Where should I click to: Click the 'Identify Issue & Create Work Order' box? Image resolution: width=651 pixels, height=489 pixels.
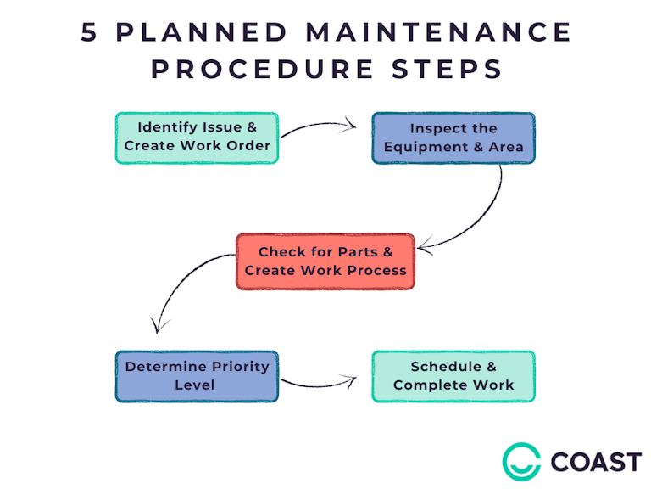pos(197,137)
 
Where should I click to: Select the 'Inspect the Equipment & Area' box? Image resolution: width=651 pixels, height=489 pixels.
pos(453,138)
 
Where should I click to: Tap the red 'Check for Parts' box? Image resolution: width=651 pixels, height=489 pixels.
pos(325,261)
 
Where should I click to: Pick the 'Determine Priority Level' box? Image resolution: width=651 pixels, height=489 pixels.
pos(197,375)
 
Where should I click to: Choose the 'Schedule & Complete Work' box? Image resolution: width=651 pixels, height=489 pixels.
pos(453,375)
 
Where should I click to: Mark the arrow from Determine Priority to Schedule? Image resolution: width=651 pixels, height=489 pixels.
pos(322,385)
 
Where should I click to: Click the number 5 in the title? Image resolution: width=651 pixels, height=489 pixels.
pos(91,33)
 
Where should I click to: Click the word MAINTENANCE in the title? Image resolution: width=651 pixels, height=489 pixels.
pos(437,33)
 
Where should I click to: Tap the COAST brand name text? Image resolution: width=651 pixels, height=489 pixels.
pos(596,462)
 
